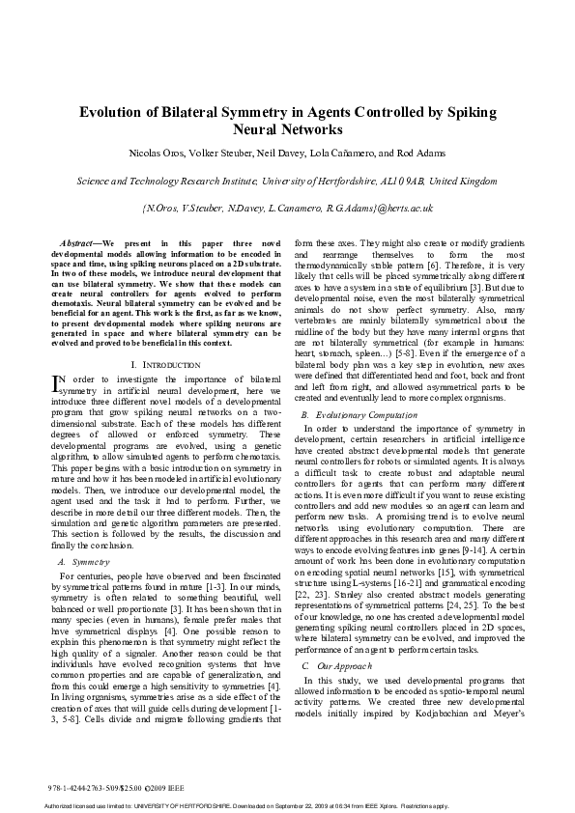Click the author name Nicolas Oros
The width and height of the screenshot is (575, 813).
coord(160,153)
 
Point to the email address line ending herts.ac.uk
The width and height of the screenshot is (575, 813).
coord(287,207)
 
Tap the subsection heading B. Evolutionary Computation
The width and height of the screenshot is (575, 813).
coord(350,411)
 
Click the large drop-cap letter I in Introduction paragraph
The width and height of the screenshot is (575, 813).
coord(57,384)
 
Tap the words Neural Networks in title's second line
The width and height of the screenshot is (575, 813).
coord(288,128)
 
